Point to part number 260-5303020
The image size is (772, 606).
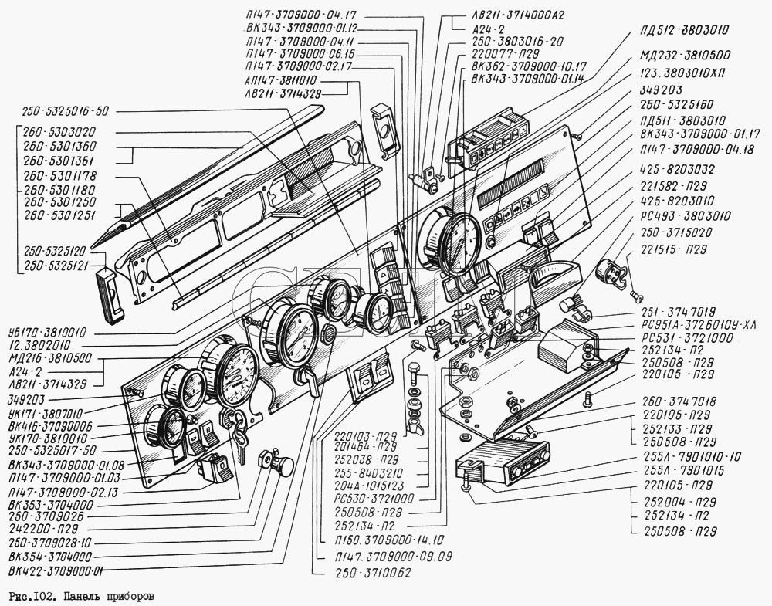click(x=63, y=132)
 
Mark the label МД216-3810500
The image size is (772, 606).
click(x=49, y=359)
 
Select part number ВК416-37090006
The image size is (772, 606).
click(x=49, y=426)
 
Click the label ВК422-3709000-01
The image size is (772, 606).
click(x=56, y=572)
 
